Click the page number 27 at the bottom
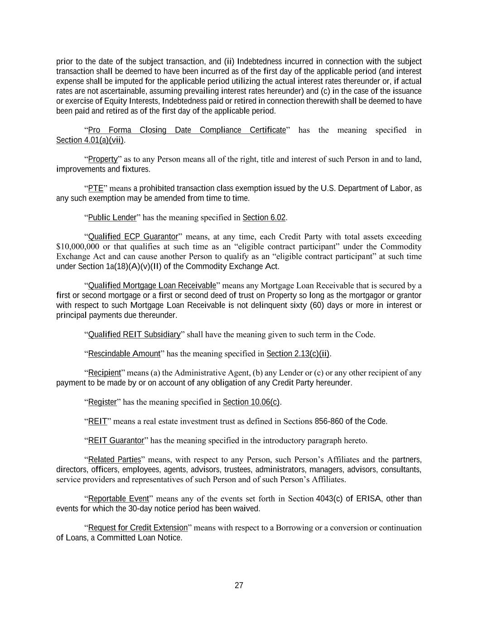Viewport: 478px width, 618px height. tap(239, 585)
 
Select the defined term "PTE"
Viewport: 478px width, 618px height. tap(96, 188)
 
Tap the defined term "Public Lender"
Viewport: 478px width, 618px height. tap(112, 218)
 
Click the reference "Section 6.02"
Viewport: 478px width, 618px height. tap(264, 218)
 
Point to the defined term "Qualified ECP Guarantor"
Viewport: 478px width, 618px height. tap(133, 237)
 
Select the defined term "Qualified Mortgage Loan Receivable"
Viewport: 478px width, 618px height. tap(152, 286)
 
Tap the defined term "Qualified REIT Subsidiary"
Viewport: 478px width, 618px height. tap(134, 335)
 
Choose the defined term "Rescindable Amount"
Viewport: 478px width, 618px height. tap(124, 354)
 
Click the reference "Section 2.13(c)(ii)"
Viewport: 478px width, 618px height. tap(298, 354)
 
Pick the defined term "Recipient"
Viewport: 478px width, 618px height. tap(104, 373)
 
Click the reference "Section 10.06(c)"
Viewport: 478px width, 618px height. tap(251, 402)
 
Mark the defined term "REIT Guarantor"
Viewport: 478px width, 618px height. tap(116, 441)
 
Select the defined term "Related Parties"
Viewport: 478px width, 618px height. tap(114, 460)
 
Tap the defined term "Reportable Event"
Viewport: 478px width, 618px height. tap(118, 499)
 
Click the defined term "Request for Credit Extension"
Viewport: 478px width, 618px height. tap(138, 528)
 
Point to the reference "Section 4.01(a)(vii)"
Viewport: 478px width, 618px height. tap(90, 140)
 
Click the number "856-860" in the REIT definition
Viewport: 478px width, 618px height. tap(329, 422)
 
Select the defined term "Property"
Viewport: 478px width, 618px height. tap(102, 159)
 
